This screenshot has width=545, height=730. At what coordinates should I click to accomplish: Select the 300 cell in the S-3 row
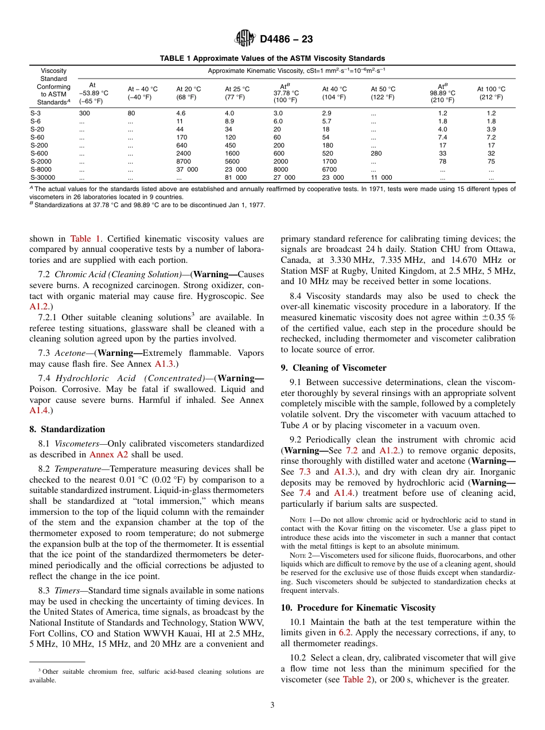click(x=84, y=114)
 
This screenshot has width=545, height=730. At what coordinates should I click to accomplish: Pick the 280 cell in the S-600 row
click(x=376, y=154)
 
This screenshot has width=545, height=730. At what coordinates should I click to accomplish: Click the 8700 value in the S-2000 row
click(x=184, y=162)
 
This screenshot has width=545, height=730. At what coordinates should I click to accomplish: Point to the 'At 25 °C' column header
click(x=237, y=93)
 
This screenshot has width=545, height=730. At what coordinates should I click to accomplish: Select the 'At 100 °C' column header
click(x=491, y=93)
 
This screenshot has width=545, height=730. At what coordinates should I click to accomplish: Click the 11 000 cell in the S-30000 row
click(x=381, y=178)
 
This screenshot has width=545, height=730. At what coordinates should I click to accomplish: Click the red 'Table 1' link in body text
click(x=86, y=239)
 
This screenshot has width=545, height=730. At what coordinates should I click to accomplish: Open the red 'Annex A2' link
click(x=110, y=455)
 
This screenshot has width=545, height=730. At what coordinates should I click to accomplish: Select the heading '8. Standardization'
click(x=67, y=429)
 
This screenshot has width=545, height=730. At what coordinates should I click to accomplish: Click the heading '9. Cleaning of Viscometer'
click(x=333, y=368)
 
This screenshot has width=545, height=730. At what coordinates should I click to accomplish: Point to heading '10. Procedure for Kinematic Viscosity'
click(x=358, y=608)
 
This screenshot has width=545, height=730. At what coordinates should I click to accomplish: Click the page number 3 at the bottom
click(x=272, y=705)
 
